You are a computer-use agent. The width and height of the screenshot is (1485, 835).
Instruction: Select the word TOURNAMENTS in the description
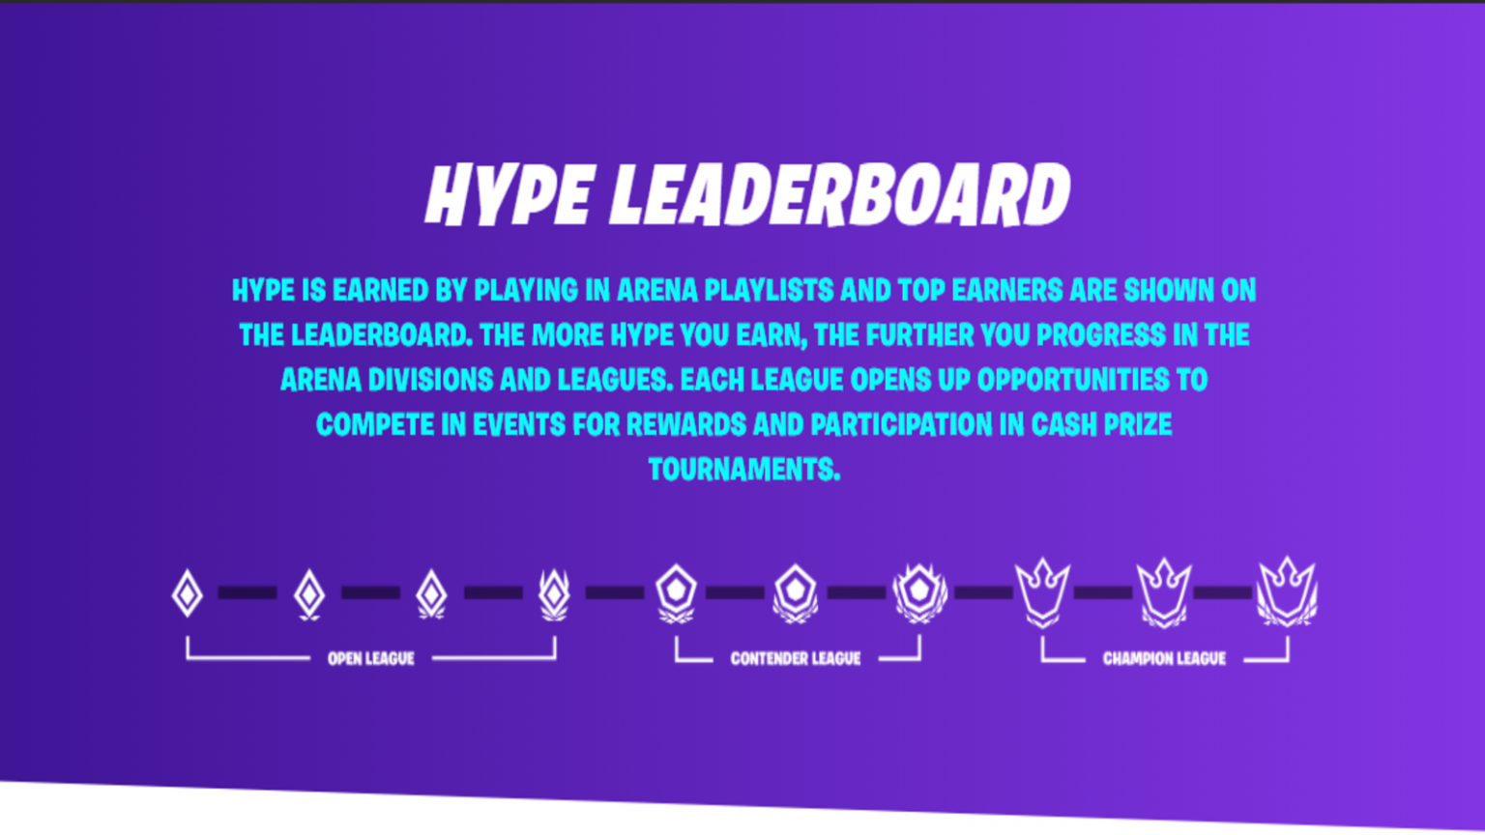[743, 470]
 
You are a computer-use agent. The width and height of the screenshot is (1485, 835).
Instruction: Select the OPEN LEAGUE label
[370, 658]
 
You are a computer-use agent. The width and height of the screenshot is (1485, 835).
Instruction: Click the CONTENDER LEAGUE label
[795, 658]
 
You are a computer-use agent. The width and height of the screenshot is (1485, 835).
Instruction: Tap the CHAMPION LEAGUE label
[1164, 658]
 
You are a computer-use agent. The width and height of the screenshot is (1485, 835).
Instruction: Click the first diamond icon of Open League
[187, 592]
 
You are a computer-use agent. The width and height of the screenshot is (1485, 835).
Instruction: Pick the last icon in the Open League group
[554, 593]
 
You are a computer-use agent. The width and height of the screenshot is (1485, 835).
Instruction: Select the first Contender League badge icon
[676, 591]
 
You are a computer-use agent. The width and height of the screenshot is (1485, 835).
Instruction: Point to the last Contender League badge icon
[919, 591]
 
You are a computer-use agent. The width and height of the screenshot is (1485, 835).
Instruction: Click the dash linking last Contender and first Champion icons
[982, 592]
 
